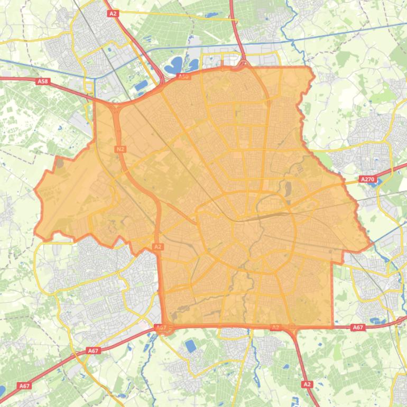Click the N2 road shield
(120, 149)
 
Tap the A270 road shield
(367, 180)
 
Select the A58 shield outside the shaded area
(43, 81)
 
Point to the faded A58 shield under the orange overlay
(183, 77)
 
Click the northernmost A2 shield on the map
(112, 14)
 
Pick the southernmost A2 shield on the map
(307, 384)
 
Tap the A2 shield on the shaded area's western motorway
(158, 246)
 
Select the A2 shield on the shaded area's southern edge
(275, 328)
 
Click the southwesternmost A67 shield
(24, 386)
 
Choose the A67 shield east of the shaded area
(358, 328)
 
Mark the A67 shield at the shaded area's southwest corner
(161, 328)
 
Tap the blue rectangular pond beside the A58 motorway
(141, 85)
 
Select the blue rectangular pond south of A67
(190, 346)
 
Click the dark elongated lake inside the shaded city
(288, 188)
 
